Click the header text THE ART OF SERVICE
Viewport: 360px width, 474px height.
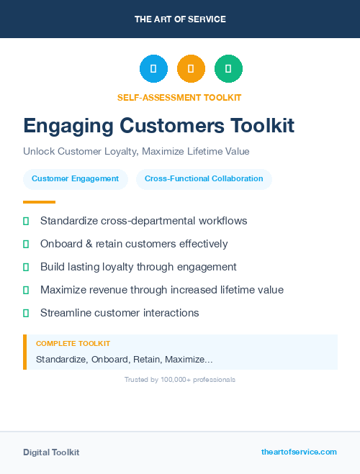tap(180, 19)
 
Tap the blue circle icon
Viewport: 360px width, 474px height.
tap(153, 69)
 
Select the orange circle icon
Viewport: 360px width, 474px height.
tap(191, 69)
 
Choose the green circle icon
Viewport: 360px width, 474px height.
tap(228, 69)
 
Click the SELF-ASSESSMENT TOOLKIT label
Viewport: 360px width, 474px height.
tap(179, 97)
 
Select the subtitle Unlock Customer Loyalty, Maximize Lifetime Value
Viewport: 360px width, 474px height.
tap(136, 152)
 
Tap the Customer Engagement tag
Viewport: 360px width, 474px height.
tap(75, 179)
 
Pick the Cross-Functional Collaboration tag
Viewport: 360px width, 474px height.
tap(204, 179)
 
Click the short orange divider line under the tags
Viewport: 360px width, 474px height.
tap(39, 202)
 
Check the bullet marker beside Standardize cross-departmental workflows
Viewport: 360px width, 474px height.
tap(26, 221)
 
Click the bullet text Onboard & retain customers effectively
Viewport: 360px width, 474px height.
tap(134, 244)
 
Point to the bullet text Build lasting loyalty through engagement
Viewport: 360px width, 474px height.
tap(138, 267)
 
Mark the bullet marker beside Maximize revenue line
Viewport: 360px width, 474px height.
tap(26, 290)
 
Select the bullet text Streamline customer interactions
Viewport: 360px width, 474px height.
tap(120, 313)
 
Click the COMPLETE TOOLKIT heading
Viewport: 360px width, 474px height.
tap(73, 344)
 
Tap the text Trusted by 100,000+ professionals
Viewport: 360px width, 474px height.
tap(179, 379)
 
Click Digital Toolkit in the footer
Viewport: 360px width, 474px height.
tap(51, 452)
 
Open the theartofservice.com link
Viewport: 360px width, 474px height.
tap(299, 452)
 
